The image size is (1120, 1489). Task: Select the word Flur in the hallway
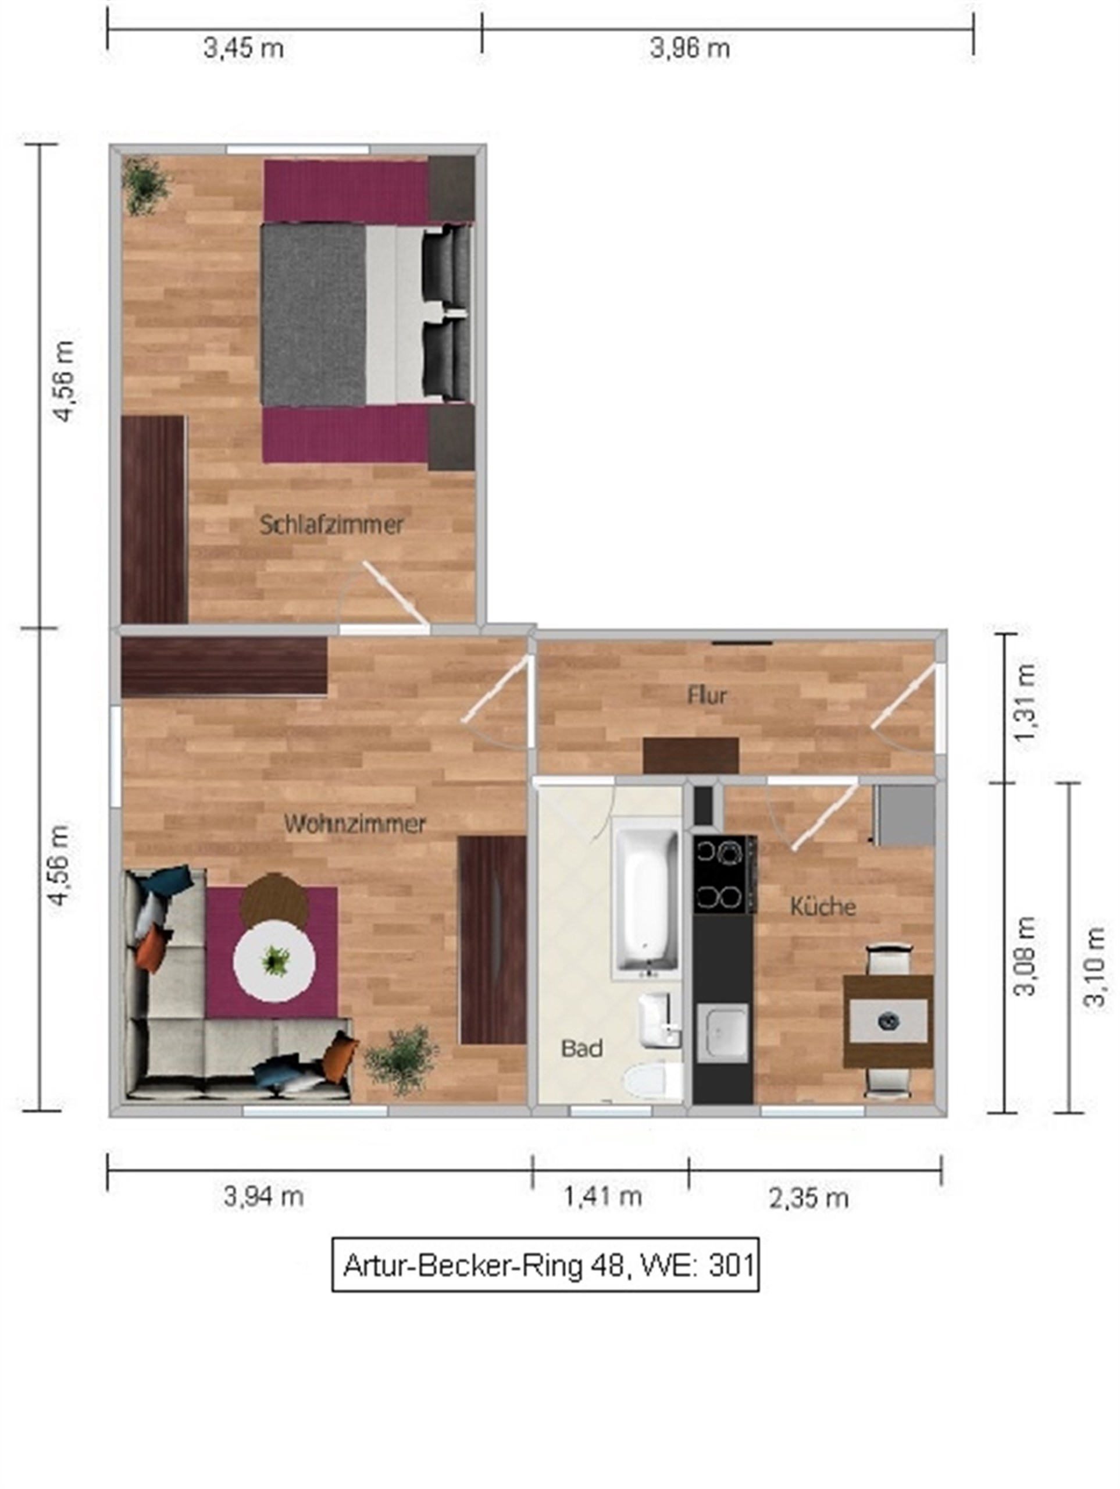pyautogui.click(x=707, y=696)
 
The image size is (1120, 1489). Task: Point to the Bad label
pyautogui.click(x=582, y=1048)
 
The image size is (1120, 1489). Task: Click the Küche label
pyautogui.click(x=822, y=906)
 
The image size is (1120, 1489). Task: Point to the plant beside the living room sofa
pyautogui.click(x=401, y=1060)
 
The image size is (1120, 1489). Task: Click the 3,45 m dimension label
pyautogui.click(x=244, y=48)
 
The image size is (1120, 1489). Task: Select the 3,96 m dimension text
pyautogui.click(x=690, y=48)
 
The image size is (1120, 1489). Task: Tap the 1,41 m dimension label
pyautogui.click(x=602, y=1197)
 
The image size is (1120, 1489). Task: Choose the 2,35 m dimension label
pyautogui.click(x=808, y=1198)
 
